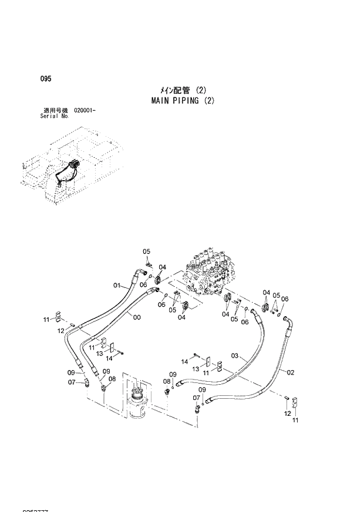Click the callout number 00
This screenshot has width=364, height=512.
tap(137, 317)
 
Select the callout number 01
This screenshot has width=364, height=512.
tap(117, 286)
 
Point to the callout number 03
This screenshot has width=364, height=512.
tap(235, 355)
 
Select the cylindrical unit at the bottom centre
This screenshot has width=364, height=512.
tap(139, 401)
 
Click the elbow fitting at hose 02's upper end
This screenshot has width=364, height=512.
tap(286, 320)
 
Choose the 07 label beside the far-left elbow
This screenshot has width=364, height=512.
tap(72, 382)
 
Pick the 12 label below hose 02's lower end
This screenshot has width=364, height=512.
tap(287, 413)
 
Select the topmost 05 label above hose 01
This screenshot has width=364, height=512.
tap(146, 252)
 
